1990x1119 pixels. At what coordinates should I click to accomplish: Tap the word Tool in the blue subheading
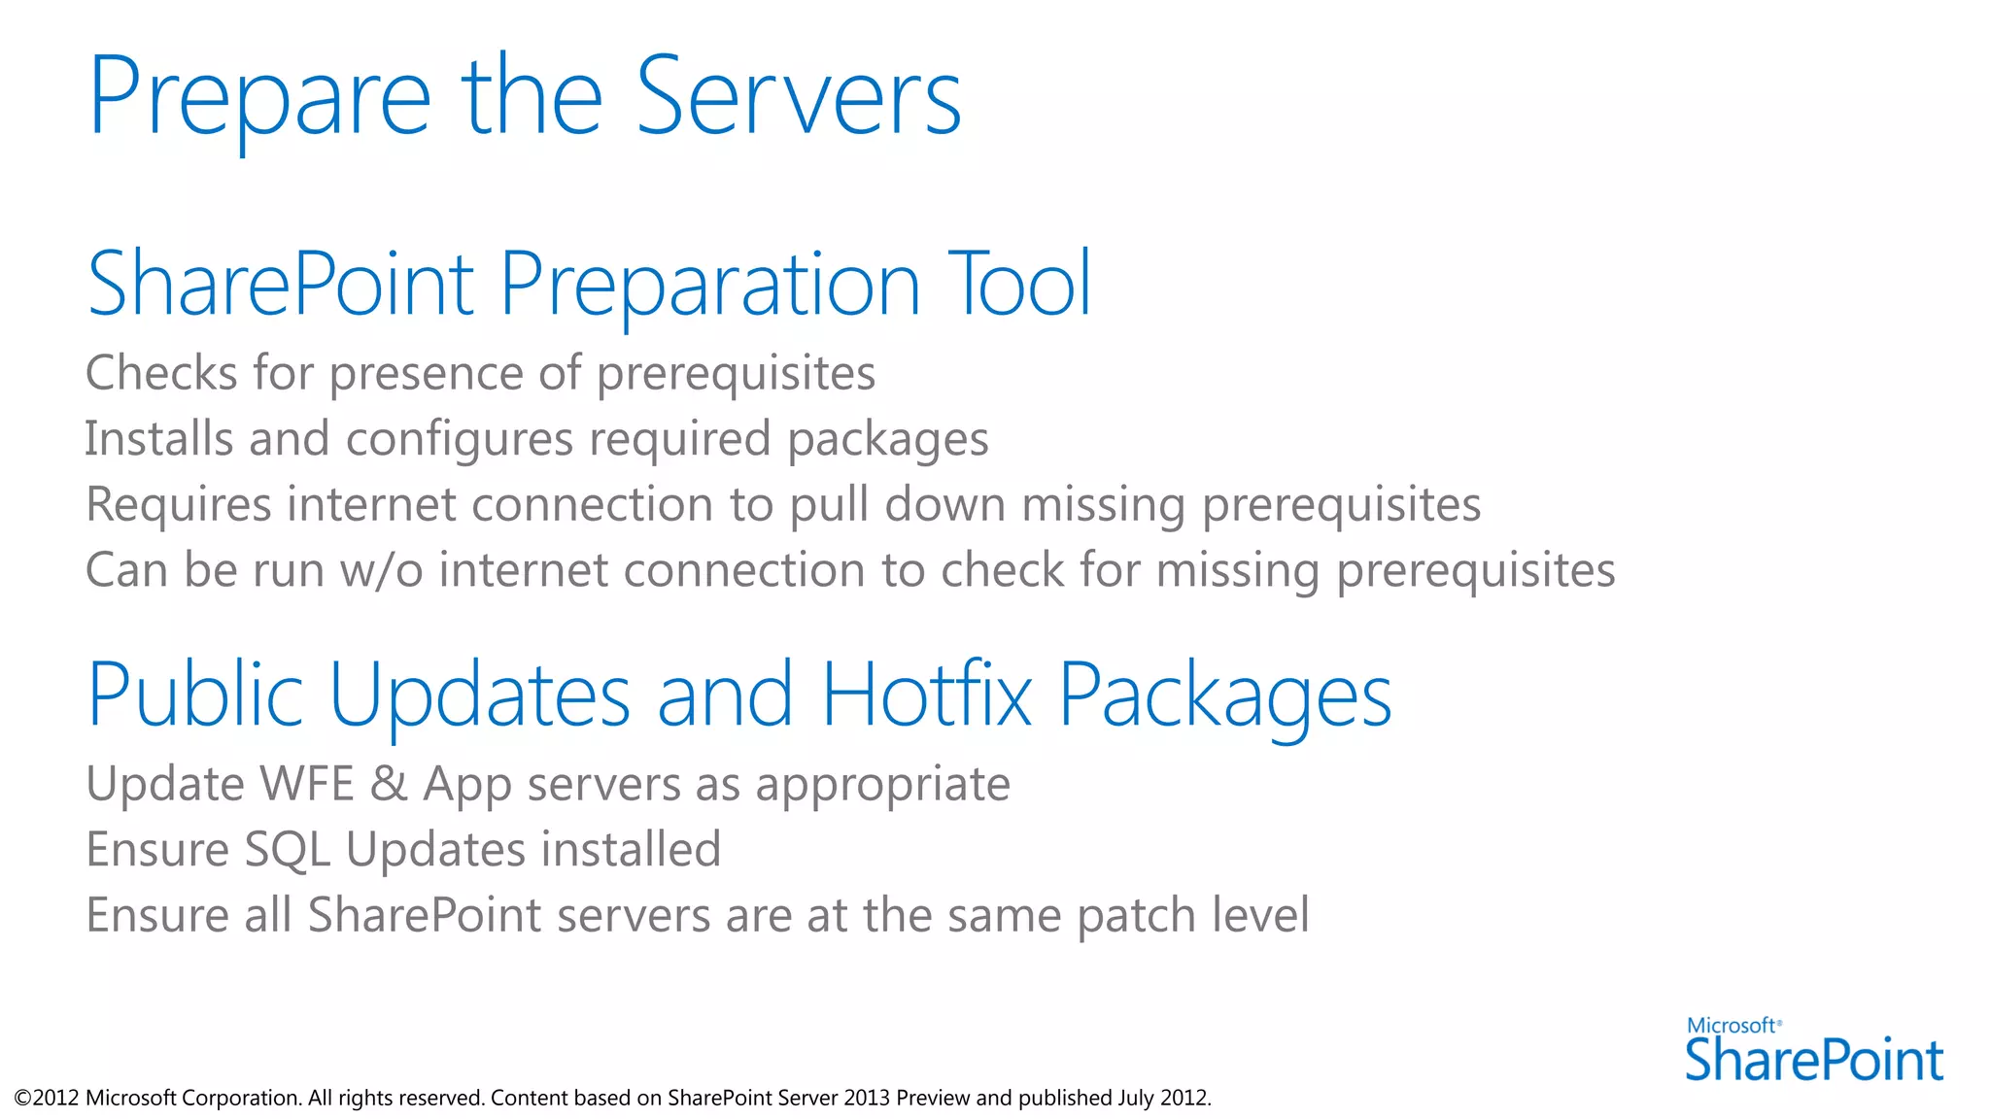click(x=1020, y=284)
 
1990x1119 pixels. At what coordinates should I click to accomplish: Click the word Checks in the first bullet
click(x=161, y=373)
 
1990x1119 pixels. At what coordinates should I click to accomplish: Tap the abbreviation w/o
click(x=382, y=570)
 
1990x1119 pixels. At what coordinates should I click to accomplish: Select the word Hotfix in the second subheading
click(x=926, y=695)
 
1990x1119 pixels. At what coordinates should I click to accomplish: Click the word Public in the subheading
click(x=195, y=695)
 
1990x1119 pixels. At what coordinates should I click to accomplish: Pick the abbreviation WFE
click(x=300, y=784)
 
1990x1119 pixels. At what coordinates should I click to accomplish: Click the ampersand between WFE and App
click(x=389, y=784)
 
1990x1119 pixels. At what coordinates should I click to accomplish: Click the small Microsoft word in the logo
click(x=1732, y=1026)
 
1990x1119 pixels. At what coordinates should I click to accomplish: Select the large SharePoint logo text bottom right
click(x=1813, y=1060)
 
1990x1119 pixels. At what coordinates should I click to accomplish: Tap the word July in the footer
click(x=1135, y=1099)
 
